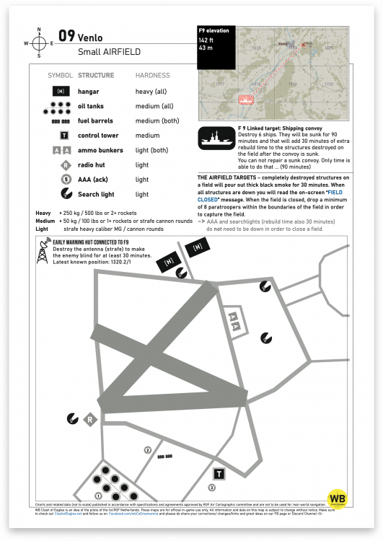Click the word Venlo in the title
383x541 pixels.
(91, 38)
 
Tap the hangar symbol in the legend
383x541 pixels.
(61, 92)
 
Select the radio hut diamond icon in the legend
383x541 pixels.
(64, 165)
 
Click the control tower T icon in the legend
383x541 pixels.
(64, 136)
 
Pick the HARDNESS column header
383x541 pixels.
(152, 75)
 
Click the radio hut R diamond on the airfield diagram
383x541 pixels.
(90, 420)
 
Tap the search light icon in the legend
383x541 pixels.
(64, 194)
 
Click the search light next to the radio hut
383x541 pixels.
(72, 416)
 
